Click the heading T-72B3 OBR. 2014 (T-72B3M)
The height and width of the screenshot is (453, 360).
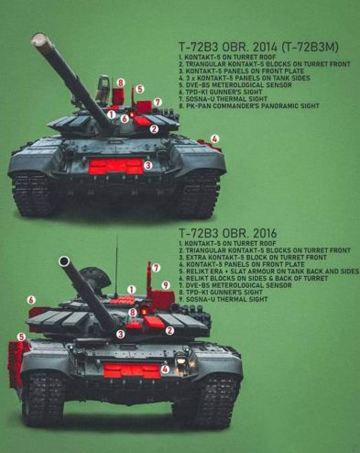[258, 47]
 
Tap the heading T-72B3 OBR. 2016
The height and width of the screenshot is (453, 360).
[227, 233]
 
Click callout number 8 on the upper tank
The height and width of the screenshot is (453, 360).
[121, 83]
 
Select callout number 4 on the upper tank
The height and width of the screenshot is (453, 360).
[215, 139]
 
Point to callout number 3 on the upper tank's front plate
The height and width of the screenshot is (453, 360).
[147, 165]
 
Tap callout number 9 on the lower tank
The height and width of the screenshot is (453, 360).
[166, 285]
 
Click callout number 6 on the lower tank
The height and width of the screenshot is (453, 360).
[31, 300]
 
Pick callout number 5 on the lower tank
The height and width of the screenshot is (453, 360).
[21, 337]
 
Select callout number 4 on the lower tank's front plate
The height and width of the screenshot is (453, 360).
[165, 370]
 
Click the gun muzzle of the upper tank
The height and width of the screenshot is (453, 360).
[38, 39]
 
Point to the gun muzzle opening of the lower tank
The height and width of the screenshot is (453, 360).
[64, 261]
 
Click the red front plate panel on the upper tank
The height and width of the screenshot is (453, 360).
[115, 167]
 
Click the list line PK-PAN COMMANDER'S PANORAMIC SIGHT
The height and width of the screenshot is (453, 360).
[249, 105]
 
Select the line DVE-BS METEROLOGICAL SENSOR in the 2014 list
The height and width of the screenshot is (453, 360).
[235, 84]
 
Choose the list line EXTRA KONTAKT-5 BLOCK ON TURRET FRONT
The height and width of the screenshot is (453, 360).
[253, 258]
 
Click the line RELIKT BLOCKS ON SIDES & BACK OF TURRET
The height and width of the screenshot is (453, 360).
[254, 278]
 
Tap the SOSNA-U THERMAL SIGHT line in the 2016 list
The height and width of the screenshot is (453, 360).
[224, 299]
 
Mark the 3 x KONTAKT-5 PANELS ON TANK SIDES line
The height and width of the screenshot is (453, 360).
[245, 78]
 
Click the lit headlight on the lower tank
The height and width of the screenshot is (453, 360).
[180, 361]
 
